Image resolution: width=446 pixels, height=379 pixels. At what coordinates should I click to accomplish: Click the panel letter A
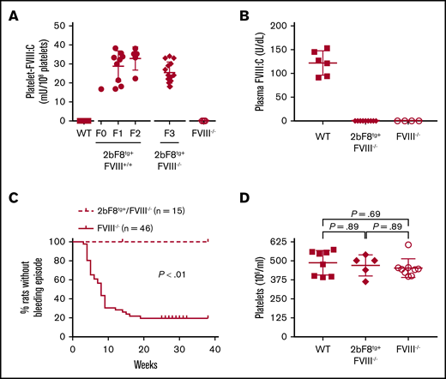(11, 11)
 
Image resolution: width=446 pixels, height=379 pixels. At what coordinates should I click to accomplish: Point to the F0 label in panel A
(102, 134)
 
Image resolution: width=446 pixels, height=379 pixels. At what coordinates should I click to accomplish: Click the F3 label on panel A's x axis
(169, 134)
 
